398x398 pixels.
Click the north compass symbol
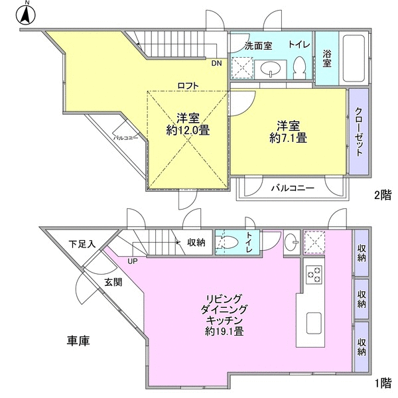tap(26, 14)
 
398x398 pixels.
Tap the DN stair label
tap(216, 63)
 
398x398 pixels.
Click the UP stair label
tap(133, 261)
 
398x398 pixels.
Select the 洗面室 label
tap(259, 46)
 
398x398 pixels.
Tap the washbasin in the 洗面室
tap(271, 69)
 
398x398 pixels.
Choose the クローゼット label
tap(358, 132)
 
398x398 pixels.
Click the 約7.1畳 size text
tap(288, 139)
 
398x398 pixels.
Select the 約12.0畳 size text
tap(188, 131)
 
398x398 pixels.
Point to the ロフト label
tap(188, 86)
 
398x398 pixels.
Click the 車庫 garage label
tap(78, 341)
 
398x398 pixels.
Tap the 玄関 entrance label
tap(113, 282)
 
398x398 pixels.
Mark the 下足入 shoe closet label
tap(82, 244)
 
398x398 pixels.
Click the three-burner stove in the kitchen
tap(314, 275)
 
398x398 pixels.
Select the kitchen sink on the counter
tap(314, 323)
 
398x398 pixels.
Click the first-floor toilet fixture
tap(227, 242)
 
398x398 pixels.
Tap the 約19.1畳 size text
tap(224, 331)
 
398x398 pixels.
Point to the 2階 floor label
tap(383, 195)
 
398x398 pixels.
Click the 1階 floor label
tap(383, 383)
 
